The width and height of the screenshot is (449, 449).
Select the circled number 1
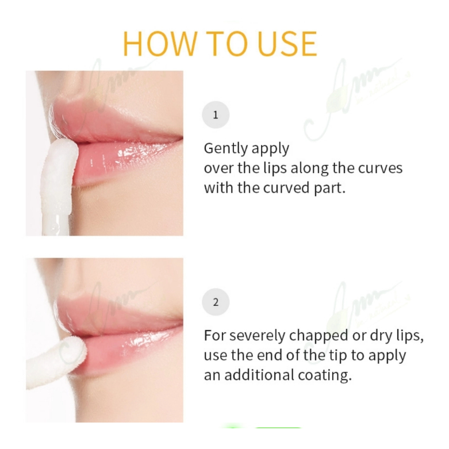click(x=216, y=115)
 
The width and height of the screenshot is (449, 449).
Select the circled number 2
click(x=216, y=302)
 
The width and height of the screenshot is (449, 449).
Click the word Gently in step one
click(x=224, y=149)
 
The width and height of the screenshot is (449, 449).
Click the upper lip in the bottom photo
click(x=121, y=310)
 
